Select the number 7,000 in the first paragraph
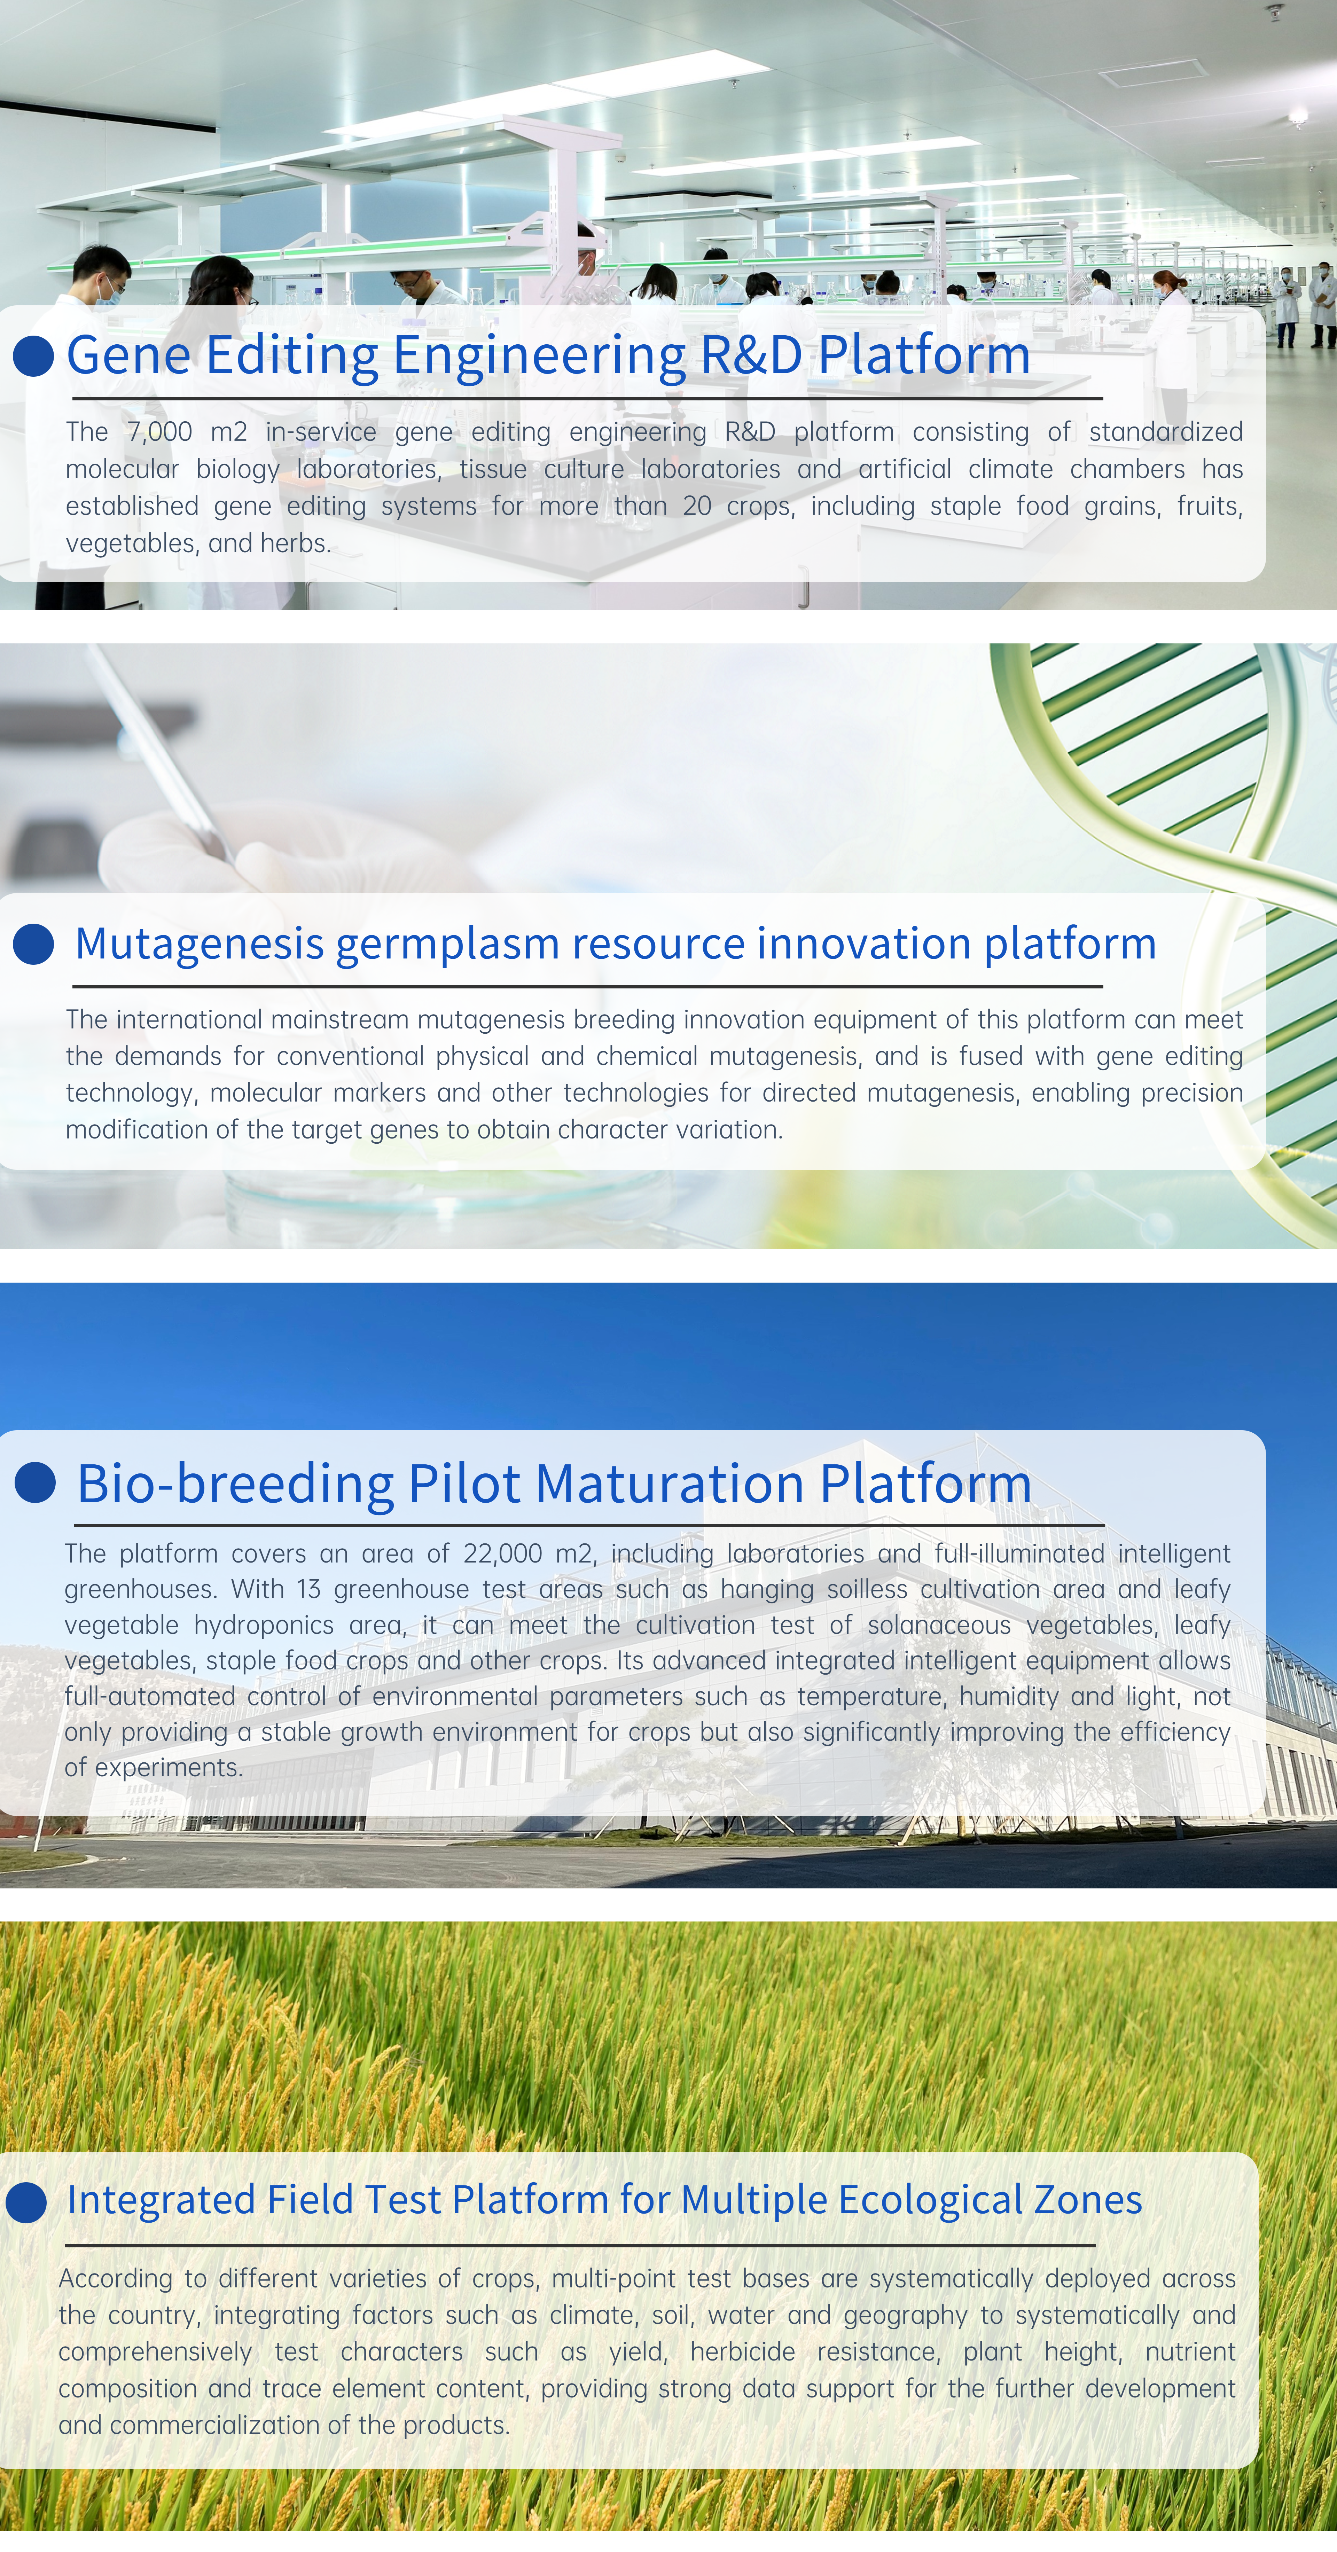tap(159, 432)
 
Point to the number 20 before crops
tap(697, 506)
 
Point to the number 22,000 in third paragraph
tap(503, 1553)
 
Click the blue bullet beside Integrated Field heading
tap(26, 2201)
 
